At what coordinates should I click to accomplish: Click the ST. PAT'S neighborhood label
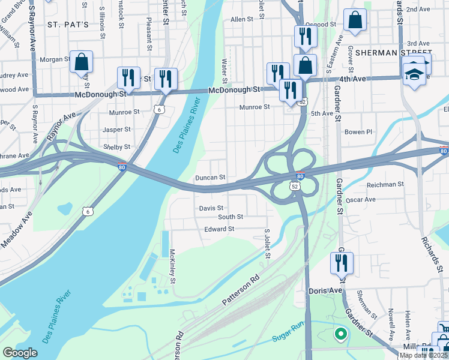click(68, 25)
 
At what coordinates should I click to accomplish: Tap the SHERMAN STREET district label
click(393, 53)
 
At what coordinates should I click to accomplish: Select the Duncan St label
click(210, 178)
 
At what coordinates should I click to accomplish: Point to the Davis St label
click(211, 208)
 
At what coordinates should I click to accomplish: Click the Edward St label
click(218, 229)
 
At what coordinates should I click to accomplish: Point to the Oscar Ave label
click(361, 199)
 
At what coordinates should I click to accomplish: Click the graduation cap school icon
click(414, 74)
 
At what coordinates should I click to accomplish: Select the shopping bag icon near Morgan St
click(81, 62)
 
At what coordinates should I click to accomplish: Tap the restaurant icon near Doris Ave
click(342, 263)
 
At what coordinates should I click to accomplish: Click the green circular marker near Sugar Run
click(340, 333)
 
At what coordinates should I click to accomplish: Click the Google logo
click(20, 353)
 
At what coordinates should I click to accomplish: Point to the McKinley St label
click(172, 266)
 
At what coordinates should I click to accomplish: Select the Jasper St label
click(116, 130)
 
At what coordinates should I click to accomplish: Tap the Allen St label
click(242, 20)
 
